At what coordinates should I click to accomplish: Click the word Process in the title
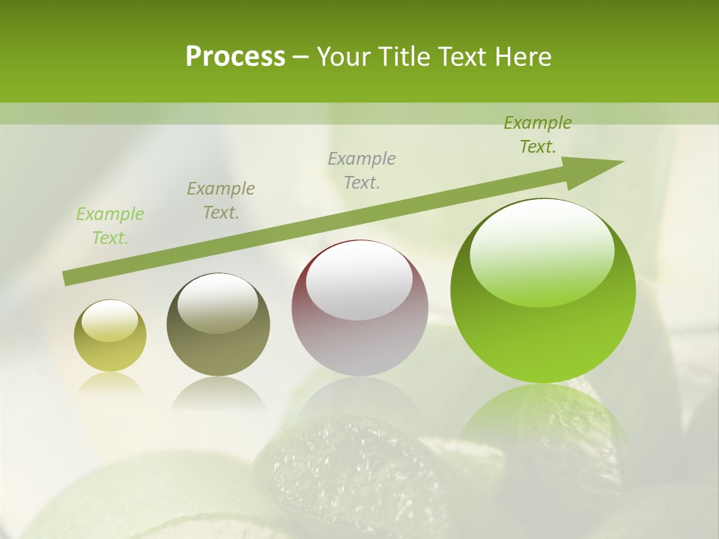click(235, 57)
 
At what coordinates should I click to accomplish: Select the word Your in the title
click(344, 57)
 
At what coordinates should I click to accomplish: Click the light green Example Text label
click(110, 226)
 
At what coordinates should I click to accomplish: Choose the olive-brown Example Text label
click(221, 201)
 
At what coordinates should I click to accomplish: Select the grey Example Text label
click(362, 170)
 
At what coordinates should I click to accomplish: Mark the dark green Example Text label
click(538, 135)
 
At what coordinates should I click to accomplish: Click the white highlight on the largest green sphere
click(542, 251)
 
